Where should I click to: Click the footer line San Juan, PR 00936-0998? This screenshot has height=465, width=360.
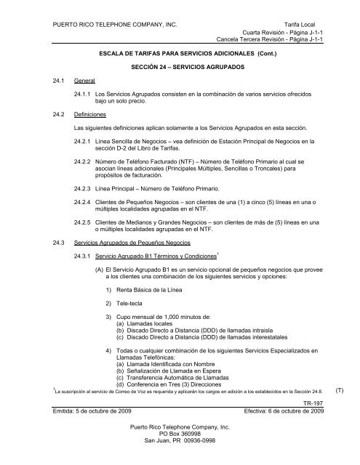click(x=180, y=461)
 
